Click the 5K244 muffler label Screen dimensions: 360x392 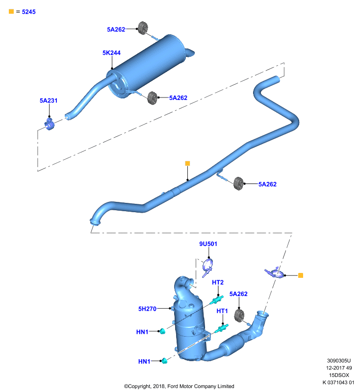coord(111,53)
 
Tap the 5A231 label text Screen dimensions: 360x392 coord(49,100)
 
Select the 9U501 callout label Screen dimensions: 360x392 coord(208,244)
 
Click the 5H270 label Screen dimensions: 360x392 coord(147,309)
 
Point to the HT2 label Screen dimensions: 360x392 coord(218,282)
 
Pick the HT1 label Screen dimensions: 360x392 coord(222,311)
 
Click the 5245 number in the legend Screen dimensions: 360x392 coord(29,12)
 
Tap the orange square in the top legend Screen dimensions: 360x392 coord(11,11)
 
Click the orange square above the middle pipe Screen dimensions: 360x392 coord(187,163)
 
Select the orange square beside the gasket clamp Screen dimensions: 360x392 coord(301,275)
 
